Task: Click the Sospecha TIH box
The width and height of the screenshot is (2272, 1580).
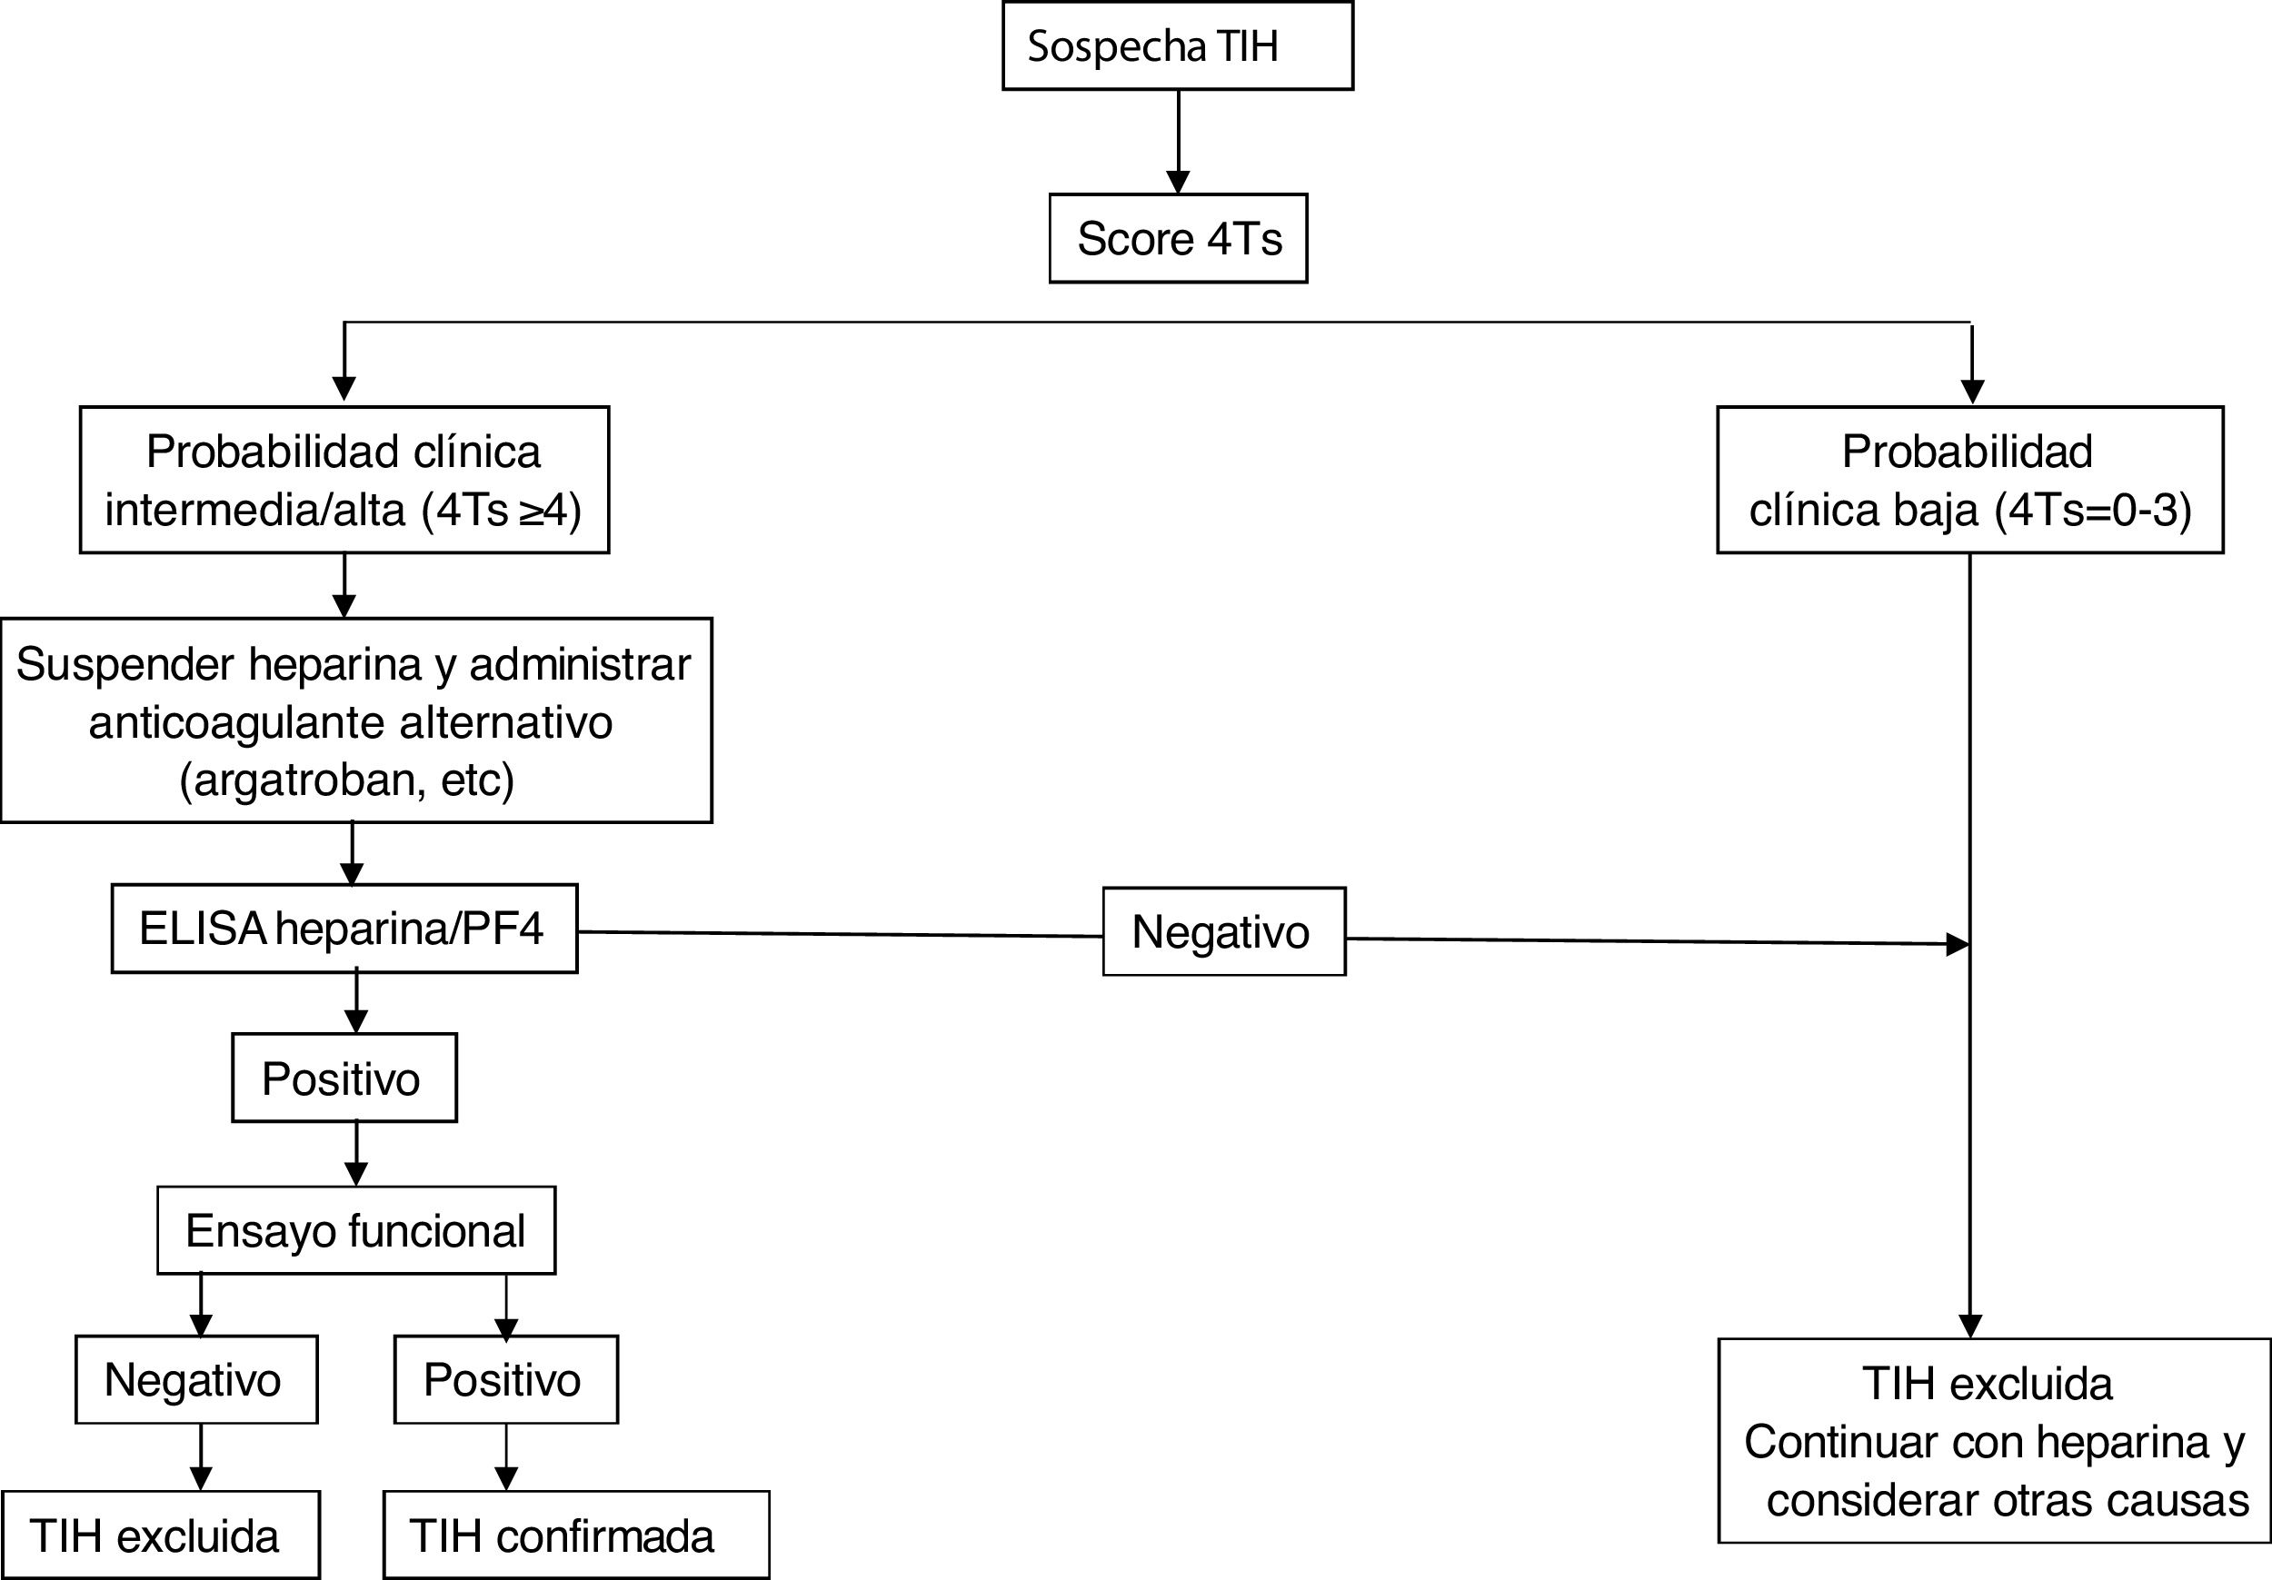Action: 1177,46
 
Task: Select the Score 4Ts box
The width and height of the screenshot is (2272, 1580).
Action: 1178,238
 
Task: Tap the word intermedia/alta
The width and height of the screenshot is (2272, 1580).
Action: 255,511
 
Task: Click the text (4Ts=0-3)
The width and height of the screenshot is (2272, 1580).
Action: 2093,511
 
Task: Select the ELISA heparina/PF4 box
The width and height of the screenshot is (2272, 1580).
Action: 344,929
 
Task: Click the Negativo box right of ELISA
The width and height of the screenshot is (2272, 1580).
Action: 1223,932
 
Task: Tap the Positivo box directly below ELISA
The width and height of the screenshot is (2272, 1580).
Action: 344,1078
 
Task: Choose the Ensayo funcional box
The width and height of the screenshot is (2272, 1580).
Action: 355,1231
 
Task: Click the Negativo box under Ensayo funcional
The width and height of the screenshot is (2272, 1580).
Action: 196,1379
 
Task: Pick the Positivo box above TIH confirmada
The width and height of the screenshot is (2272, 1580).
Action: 504,1379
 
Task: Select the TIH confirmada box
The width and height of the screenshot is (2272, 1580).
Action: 575,1535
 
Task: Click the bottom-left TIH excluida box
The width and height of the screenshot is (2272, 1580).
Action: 159,1535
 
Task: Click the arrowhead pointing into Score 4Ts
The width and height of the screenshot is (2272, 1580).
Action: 1178,182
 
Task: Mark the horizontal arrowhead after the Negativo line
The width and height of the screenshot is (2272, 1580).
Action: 1957,945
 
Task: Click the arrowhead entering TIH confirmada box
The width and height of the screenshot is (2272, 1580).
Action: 505,1478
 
